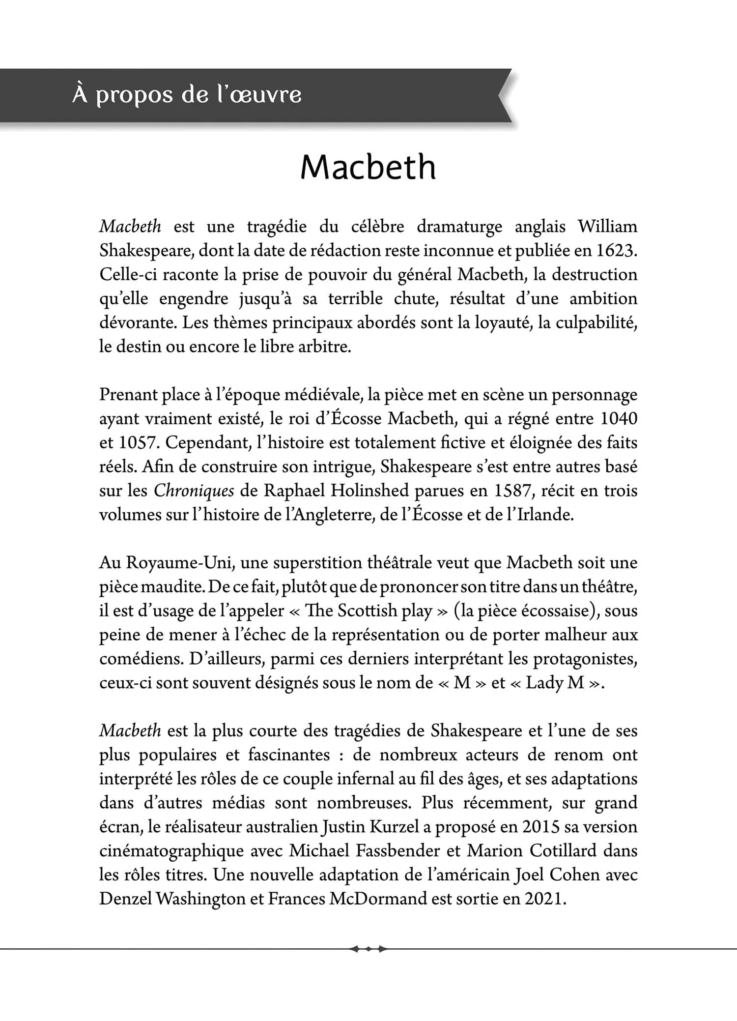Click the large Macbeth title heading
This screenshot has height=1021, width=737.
[x=368, y=167]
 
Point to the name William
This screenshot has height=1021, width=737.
[x=607, y=227]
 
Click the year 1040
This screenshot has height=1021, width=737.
[x=619, y=419]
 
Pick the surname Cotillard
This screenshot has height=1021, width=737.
[x=563, y=851]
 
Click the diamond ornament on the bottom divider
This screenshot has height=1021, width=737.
[x=368, y=949]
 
